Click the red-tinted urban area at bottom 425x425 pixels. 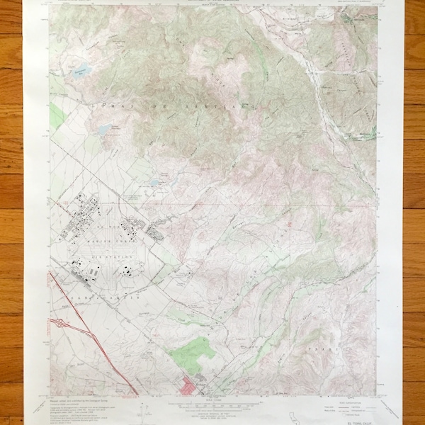pyautogui.click(x=190, y=387)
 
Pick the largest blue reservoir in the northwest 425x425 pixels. pyautogui.click(x=80, y=69)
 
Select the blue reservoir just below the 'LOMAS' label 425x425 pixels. pyautogui.click(x=105, y=130)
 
